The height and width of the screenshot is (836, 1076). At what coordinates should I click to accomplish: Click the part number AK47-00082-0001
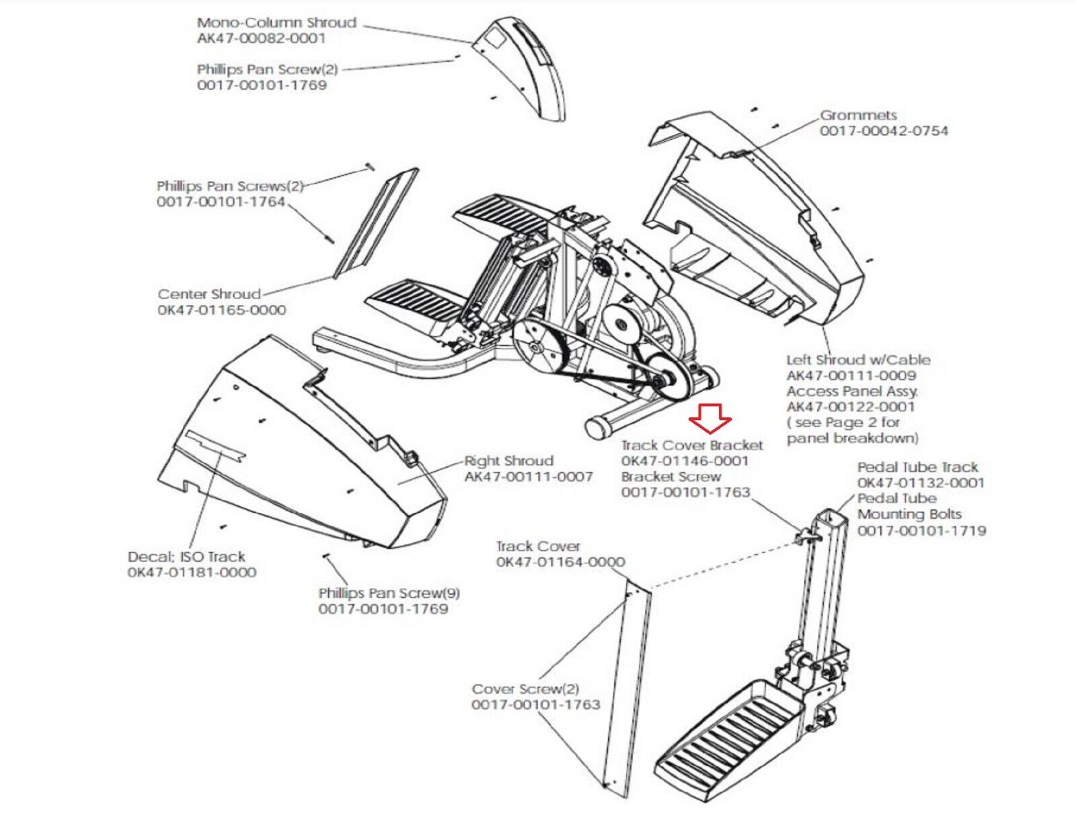point(261,38)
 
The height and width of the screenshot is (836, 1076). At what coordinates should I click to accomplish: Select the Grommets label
point(858,115)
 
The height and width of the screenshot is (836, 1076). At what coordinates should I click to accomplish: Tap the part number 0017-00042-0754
point(884,131)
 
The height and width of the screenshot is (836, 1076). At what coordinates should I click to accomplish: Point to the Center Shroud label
point(209,294)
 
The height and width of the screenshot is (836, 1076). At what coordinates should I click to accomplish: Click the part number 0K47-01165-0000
point(222,310)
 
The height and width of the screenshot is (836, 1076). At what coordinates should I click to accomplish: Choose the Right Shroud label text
point(509,461)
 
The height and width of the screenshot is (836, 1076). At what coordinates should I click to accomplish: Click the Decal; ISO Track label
point(186,557)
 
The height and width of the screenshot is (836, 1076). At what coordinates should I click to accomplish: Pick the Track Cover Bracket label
point(692,446)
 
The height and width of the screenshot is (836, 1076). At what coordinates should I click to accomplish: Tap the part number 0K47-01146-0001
point(685,461)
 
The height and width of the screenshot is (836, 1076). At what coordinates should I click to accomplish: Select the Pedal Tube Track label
point(917,467)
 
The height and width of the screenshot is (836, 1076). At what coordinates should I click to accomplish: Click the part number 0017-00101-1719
point(921,531)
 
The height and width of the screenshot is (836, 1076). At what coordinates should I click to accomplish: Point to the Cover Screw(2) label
point(525,689)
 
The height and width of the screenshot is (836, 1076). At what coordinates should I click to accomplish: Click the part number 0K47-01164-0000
point(560,562)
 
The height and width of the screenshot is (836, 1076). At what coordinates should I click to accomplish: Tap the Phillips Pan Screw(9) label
point(389,593)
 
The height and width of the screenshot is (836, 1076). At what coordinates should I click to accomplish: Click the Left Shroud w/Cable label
point(858,360)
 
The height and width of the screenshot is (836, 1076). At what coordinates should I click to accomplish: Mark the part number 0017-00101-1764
point(221,202)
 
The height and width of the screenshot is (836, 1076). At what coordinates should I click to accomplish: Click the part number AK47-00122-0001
point(851,407)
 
